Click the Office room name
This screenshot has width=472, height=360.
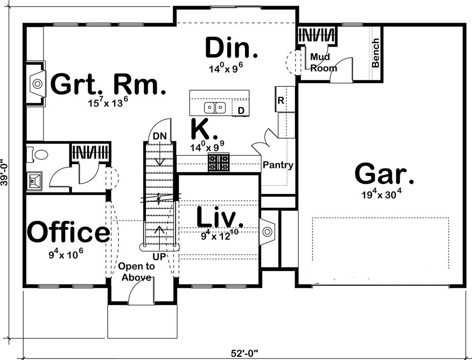pos(68,231)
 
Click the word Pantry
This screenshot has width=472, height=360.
pos(278,165)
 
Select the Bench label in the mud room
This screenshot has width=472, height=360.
pos(375,53)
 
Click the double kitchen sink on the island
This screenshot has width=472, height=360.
pos(215,108)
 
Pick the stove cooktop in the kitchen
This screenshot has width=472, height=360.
pos(219,163)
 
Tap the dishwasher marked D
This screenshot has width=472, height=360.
pos(241,110)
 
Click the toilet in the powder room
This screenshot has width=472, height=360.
pos(37,155)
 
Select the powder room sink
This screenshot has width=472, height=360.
pos(34,181)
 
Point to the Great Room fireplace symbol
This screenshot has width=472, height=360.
pos(38,84)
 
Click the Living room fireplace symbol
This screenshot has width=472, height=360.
pos(267,232)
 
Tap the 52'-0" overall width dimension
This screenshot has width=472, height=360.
pos(245,353)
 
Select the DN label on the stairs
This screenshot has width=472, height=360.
pos(160,136)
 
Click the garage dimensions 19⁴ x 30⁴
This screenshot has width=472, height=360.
pos(382,194)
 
